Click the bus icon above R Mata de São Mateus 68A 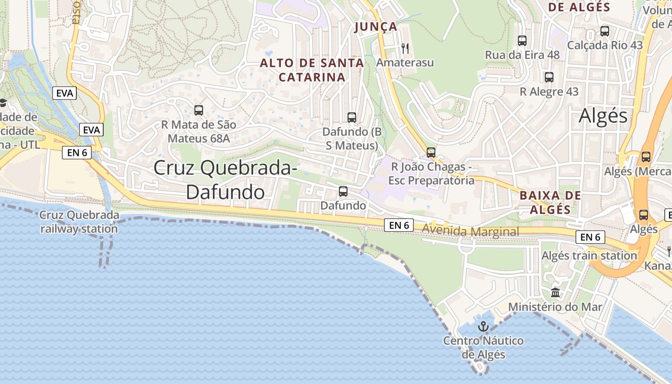point(199,110)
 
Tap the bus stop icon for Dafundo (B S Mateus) point(352,117)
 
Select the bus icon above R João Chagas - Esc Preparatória point(431,152)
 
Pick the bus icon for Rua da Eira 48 point(522,41)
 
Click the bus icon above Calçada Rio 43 point(605,31)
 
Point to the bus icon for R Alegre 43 point(549,77)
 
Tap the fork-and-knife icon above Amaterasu point(405,48)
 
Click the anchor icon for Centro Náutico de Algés point(483,327)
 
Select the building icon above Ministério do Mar point(555,292)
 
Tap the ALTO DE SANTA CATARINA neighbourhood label point(312,70)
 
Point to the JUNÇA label point(376,27)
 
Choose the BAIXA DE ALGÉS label point(551,202)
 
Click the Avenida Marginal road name point(470,232)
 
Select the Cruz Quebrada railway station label point(79,222)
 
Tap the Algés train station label point(589,255)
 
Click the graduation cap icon point(2,103)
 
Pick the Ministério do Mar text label point(555,306)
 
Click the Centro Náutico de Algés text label point(483,348)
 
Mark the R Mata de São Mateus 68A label point(199,132)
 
